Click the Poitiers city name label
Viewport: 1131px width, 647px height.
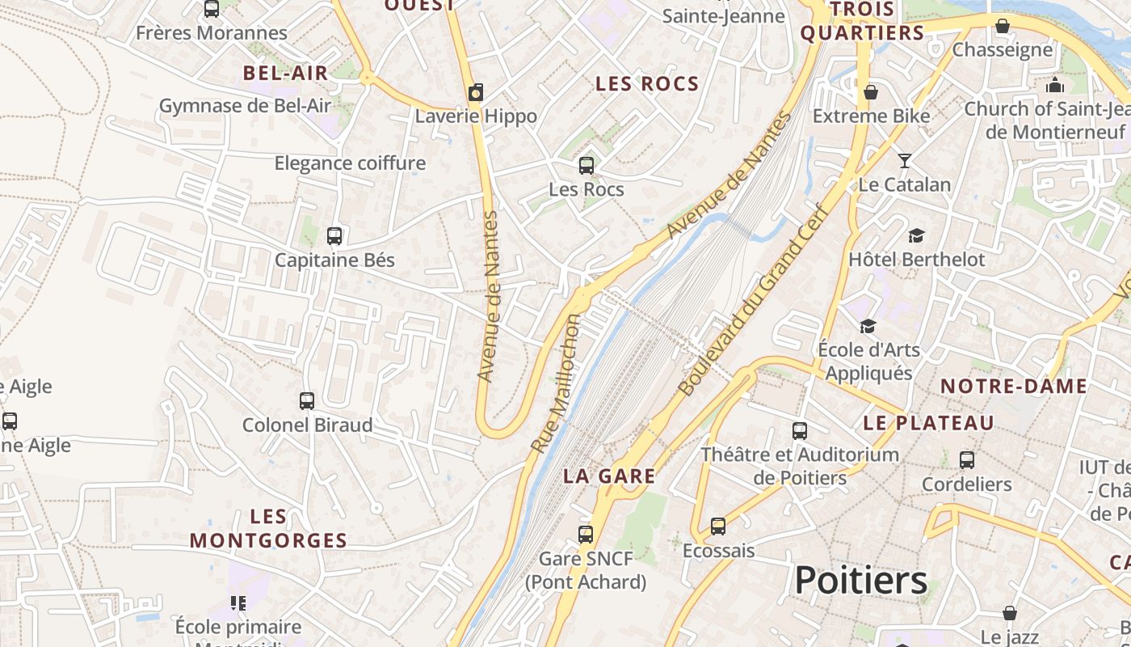pyautogui.click(x=860, y=581)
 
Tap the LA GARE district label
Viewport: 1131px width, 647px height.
pyautogui.click(x=609, y=476)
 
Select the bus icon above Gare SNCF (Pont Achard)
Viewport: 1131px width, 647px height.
pyautogui.click(x=586, y=534)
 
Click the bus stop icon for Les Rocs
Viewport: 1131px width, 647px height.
pyautogui.click(x=587, y=166)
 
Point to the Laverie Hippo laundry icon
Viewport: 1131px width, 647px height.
pyautogui.click(x=476, y=92)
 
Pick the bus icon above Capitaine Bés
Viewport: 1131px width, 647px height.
pyautogui.click(x=334, y=236)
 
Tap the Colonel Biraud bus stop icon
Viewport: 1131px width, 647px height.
pyautogui.click(x=307, y=400)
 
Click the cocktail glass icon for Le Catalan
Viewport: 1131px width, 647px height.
pyautogui.click(x=905, y=160)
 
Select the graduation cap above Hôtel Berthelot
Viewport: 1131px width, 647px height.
pyautogui.click(x=916, y=235)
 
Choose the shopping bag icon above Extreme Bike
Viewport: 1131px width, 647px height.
pyautogui.click(x=871, y=92)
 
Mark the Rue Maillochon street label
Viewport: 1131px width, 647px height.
pyautogui.click(x=556, y=383)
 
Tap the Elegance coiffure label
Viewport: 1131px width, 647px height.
pyautogui.click(x=350, y=163)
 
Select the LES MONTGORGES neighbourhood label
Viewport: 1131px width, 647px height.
pyautogui.click(x=268, y=528)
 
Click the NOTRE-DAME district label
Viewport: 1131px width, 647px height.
pyautogui.click(x=1014, y=387)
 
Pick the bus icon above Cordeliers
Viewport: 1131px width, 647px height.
pyautogui.click(x=967, y=460)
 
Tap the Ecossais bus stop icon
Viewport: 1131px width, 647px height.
pyautogui.click(x=718, y=526)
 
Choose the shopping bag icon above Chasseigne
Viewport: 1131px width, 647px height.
pyautogui.click(x=1003, y=26)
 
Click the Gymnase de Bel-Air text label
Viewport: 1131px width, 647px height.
pyautogui.click(x=245, y=106)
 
